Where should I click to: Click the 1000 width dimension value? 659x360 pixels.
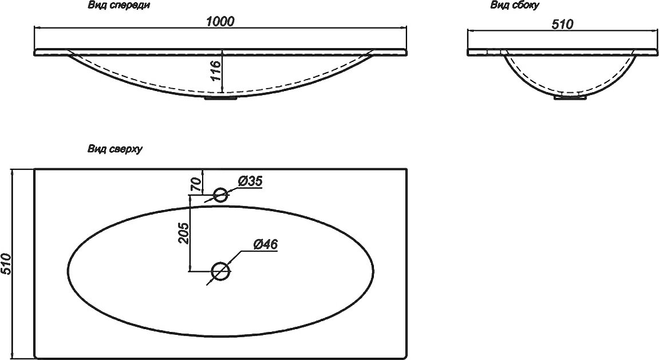click(x=220, y=21)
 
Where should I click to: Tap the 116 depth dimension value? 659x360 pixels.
click(x=215, y=70)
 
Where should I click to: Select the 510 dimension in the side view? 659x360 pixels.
click(x=562, y=25)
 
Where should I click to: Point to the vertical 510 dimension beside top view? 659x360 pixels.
click(x=6, y=264)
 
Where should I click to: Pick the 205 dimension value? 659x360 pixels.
click(x=184, y=233)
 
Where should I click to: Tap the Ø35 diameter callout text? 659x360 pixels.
click(x=250, y=181)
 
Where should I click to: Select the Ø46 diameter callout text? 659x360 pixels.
click(x=266, y=244)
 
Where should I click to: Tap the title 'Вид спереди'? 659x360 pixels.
click(x=119, y=6)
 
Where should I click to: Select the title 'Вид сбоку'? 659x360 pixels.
click(x=515, y=6)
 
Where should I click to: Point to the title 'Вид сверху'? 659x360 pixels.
click(x=115, y=149)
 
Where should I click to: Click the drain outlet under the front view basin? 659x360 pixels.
click(x=220, y=98)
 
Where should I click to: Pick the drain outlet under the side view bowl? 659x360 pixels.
click(x=570, y=97)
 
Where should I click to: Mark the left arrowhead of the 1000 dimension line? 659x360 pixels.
click(x=37, y=27)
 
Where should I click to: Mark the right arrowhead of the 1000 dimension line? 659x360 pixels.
click(x=404, y=27)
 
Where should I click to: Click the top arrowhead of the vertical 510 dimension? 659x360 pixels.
click(x=13, y=172)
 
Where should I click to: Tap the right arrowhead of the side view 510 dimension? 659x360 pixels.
click(x=654, y=30)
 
